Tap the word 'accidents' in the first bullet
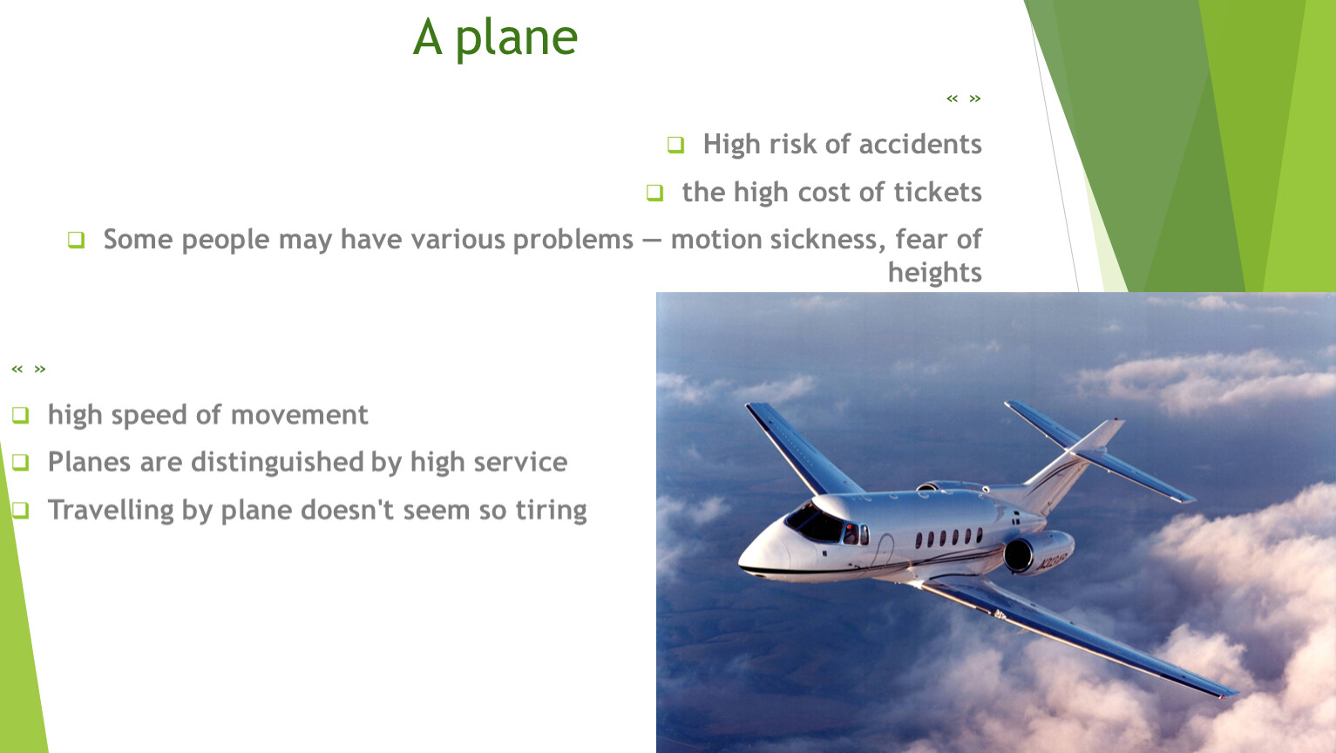pyautogui.click(x=919, y=144)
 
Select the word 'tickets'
pyautogui.click(x=938, y=192)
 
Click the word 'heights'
pyautogui.click(x=934, y=272)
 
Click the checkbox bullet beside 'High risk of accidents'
pyautogui.click(x=675, y=145)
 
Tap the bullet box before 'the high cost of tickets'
pyautogui.click(x=654, y=192)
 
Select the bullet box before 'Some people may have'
pyautogui.click(x=76, y=240)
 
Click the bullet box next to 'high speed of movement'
pyautogui.click(x=20, y=415)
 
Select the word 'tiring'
pyautogui.click(x=551, y=511)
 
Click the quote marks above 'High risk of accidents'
pyautogui.click(x=963, y=98)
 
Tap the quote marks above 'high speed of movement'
pyautogui.click(x=29, y=369)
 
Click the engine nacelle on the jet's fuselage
pyautogui.click(x=1039, y=552)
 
